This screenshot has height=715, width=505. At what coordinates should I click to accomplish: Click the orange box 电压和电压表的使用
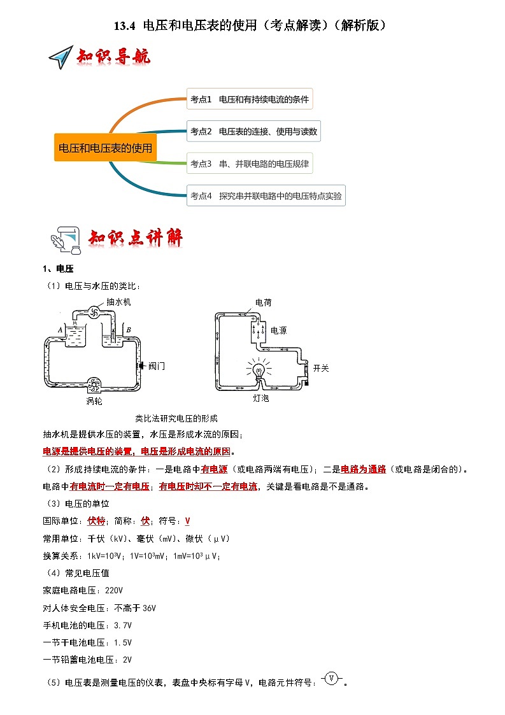pyautogui.click(x=106, y=148)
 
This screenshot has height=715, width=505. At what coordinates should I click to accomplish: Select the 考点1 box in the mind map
pyautogui.click(x=249, y=99)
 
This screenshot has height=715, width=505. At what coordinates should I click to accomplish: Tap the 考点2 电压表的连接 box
pyautogui.click(x=253, y=132)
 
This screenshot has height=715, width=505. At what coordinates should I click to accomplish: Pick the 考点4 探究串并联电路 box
pyautogui.click(x=266, y=196)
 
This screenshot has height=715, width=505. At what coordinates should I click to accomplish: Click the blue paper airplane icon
pyautogui.click(x=60, y=57)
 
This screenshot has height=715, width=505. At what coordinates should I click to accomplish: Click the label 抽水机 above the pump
pyautogui.click(x=119, y=302)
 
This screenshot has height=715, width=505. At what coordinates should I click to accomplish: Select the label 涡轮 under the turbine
pyautogui.click(x=94, y=401)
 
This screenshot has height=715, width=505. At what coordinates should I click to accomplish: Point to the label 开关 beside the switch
pyautogui.click(x=321, y=368)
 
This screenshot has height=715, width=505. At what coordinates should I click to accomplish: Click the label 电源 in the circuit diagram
pyautogui.click(x=278, y=331)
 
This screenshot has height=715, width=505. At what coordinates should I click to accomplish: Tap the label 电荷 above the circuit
pyautogui.click(x=263, y=302)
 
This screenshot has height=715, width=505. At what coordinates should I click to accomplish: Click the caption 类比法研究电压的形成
pyautogui.click(x=176, y=418)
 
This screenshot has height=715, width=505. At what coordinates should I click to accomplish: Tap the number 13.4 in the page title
pyautogui.click(x=125, y=25)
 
